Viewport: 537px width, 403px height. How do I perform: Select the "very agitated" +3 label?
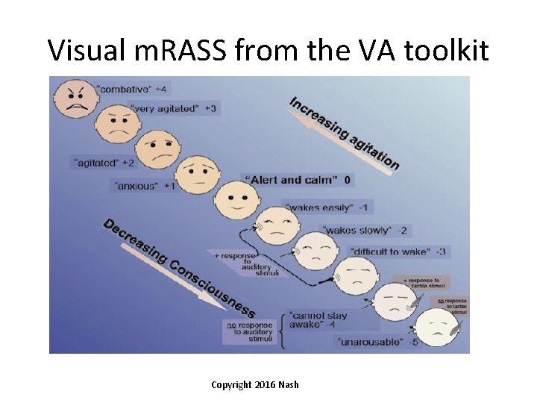coord(173,108)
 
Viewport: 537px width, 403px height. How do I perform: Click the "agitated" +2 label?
coord(103,162)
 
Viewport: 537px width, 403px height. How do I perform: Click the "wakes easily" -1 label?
coord(329,207)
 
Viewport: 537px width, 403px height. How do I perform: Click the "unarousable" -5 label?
coord(373,343)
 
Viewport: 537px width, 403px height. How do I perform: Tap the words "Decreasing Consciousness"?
coord(179,266)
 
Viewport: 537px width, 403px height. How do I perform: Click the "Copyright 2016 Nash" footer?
coord(254,384)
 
